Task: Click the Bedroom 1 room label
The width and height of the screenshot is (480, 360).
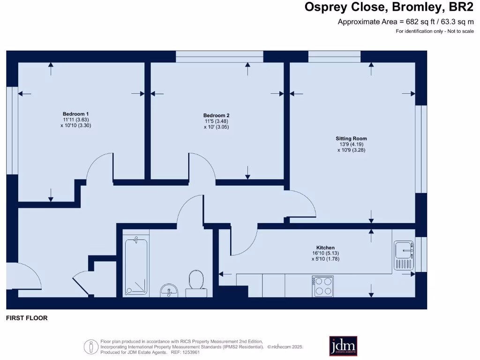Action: coord(75,114)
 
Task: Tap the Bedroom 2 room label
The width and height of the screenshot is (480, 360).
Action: coord(216,115)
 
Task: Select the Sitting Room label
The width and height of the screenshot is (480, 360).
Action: coord(351,138)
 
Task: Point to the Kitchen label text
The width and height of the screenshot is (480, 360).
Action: coord(325,247)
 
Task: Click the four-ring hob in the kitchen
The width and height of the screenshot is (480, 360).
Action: coord(323,286)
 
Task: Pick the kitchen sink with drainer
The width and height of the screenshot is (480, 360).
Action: coord(404,255)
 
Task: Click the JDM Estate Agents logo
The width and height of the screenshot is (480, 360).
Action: coord(343,346)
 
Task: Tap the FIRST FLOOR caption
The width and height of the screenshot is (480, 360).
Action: coord(27,318)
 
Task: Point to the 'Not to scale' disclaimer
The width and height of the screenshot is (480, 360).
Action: coord(435,31)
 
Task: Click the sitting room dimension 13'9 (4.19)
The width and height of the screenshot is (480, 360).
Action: coord(351,144)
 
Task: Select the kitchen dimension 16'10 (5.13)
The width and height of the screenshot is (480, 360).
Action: coord(325,253)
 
